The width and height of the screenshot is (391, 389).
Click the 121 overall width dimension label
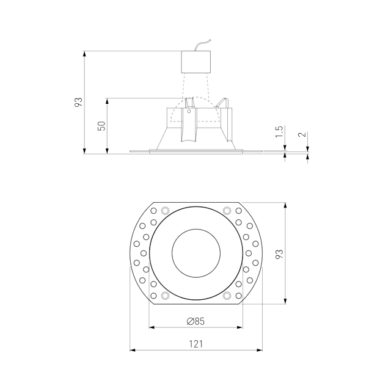(195, 344)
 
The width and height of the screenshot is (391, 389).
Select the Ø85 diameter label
(195, 321)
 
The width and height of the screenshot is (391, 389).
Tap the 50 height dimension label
(102, 125)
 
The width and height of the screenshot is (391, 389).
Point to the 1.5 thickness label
(279, 131)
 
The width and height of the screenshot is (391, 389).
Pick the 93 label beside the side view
(78, 103)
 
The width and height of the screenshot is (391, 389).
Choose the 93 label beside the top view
(279, 253)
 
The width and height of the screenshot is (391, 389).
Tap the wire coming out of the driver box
(202, 46)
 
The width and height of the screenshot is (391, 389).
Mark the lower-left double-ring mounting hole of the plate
(163, 296)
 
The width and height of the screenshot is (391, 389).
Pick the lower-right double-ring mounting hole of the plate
(227, 296)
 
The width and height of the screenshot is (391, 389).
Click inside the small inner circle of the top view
(195, 253)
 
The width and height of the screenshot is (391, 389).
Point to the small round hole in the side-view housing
(189, 112)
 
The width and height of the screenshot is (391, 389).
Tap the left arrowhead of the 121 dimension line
(133, 351)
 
